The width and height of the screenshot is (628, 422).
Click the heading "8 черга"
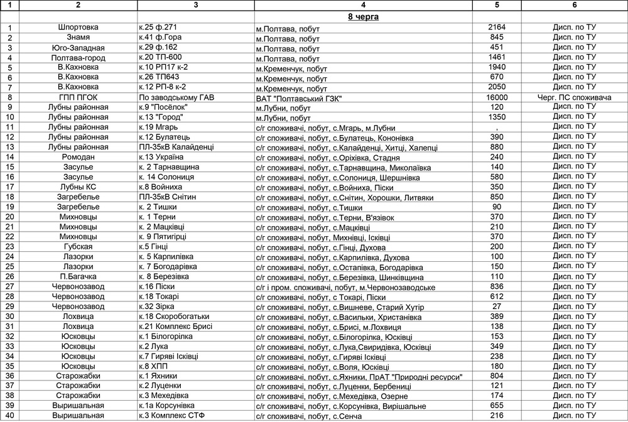pyautogui.click(x=363, y=17)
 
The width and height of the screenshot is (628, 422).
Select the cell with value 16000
pyautogui.click(x=497, y=97)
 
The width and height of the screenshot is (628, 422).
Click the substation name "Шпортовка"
pyautogui.click(x=78, y=28)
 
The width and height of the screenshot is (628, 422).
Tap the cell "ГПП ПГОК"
pyautogui.click(x=78, y=97)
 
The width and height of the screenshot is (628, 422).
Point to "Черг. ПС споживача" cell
pyautogui.click(x=574, y=97)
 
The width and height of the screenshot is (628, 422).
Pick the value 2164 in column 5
pyautogui.click(x=497, y=28)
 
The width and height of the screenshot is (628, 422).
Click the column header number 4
pyautogui.click(x=363, y=5)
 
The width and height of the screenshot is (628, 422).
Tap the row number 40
pyautogui.click(x=10, y=415)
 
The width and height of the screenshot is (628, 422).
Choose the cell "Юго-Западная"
pyautogui.click(x=78, y=48)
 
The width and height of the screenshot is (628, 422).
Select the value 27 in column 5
pyautogui.click(x=497, y=306)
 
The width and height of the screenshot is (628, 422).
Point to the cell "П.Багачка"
pyautogui.click(x=78, y=276)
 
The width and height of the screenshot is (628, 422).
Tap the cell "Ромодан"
pyautogui.click(x=78, y=157)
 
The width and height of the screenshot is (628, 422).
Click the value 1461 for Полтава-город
pyautogui.click(x=497, y=58)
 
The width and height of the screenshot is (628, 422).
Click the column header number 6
pyautogui.click(x=574, y=5)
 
